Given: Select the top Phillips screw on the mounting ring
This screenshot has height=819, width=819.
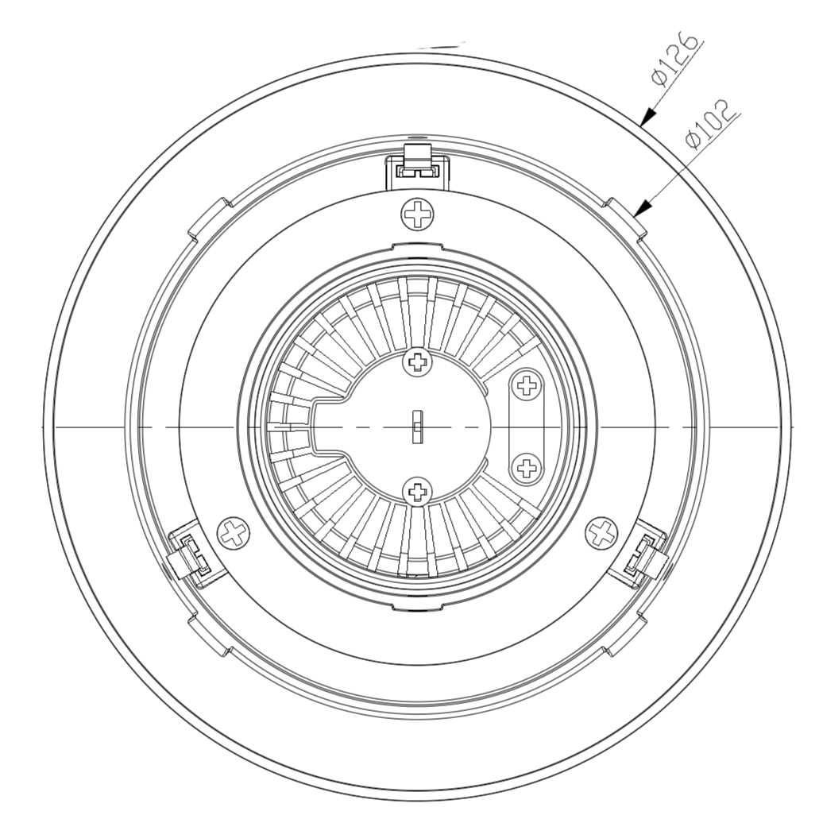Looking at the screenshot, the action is coord(417,214).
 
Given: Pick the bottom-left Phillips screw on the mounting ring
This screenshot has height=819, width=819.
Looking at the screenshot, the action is coord(233,533).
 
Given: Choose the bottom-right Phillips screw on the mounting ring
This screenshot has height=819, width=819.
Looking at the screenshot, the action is coord(601,533).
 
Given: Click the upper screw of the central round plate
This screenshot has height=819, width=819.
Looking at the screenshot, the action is coord(418,361).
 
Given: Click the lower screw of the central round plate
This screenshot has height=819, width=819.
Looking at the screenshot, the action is coord(417,491).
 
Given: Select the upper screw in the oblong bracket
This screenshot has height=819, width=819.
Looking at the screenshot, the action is coord(526,386).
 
